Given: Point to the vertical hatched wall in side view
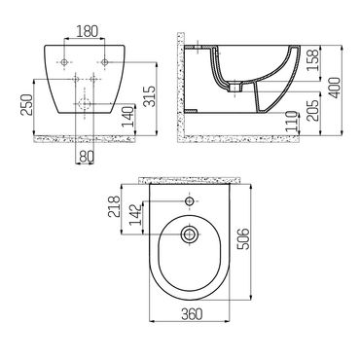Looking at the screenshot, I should tap(177, 88).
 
